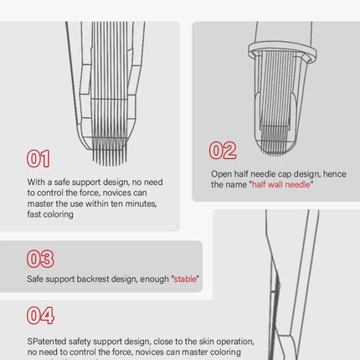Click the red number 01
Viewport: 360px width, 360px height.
tap(39, 158)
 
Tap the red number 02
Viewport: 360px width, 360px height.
tap(223, 151)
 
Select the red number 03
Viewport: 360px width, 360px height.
tap(40, 259)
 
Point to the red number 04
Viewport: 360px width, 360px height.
tap(40, 316)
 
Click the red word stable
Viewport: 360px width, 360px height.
tap(185, 279)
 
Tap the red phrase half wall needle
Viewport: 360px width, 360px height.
tap(281, 184)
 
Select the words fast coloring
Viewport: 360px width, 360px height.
tap(50, 214)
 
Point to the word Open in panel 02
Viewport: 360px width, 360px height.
tap(221, 174)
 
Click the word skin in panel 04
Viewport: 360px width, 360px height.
tap(205, 342)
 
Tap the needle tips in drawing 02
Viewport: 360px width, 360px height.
tap(275, 149)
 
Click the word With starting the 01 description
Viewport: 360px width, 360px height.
tap(36, 182)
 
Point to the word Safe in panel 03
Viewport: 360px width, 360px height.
tap(35, 279)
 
